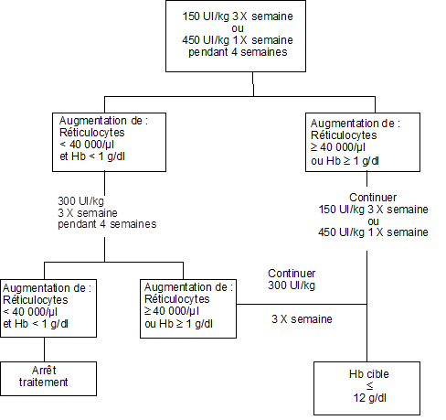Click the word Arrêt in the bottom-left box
click(44, 371)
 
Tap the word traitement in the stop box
click(43, 382)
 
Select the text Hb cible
click(369, 374)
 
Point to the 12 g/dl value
click(369, 398)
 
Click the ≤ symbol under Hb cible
click(369, 386)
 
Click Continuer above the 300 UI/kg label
click(292, 274)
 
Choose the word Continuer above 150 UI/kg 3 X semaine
click(373, 198)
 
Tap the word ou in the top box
click(238, 28)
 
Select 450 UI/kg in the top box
click(206, 40)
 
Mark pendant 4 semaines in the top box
click(238, 52)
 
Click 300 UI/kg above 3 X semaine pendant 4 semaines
click(80, 201)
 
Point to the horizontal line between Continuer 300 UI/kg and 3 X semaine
click(302, 304)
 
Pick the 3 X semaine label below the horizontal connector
click(302, 319)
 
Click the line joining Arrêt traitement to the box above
click(44, 350)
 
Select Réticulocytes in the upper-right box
click(344, 135)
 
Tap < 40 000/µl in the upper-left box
click(87, 145)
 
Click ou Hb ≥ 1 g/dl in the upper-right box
click(345, 161)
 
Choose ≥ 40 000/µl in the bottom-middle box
click(172, 311)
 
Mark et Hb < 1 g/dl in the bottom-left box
click(36, 324)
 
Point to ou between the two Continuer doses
click(373, 221)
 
